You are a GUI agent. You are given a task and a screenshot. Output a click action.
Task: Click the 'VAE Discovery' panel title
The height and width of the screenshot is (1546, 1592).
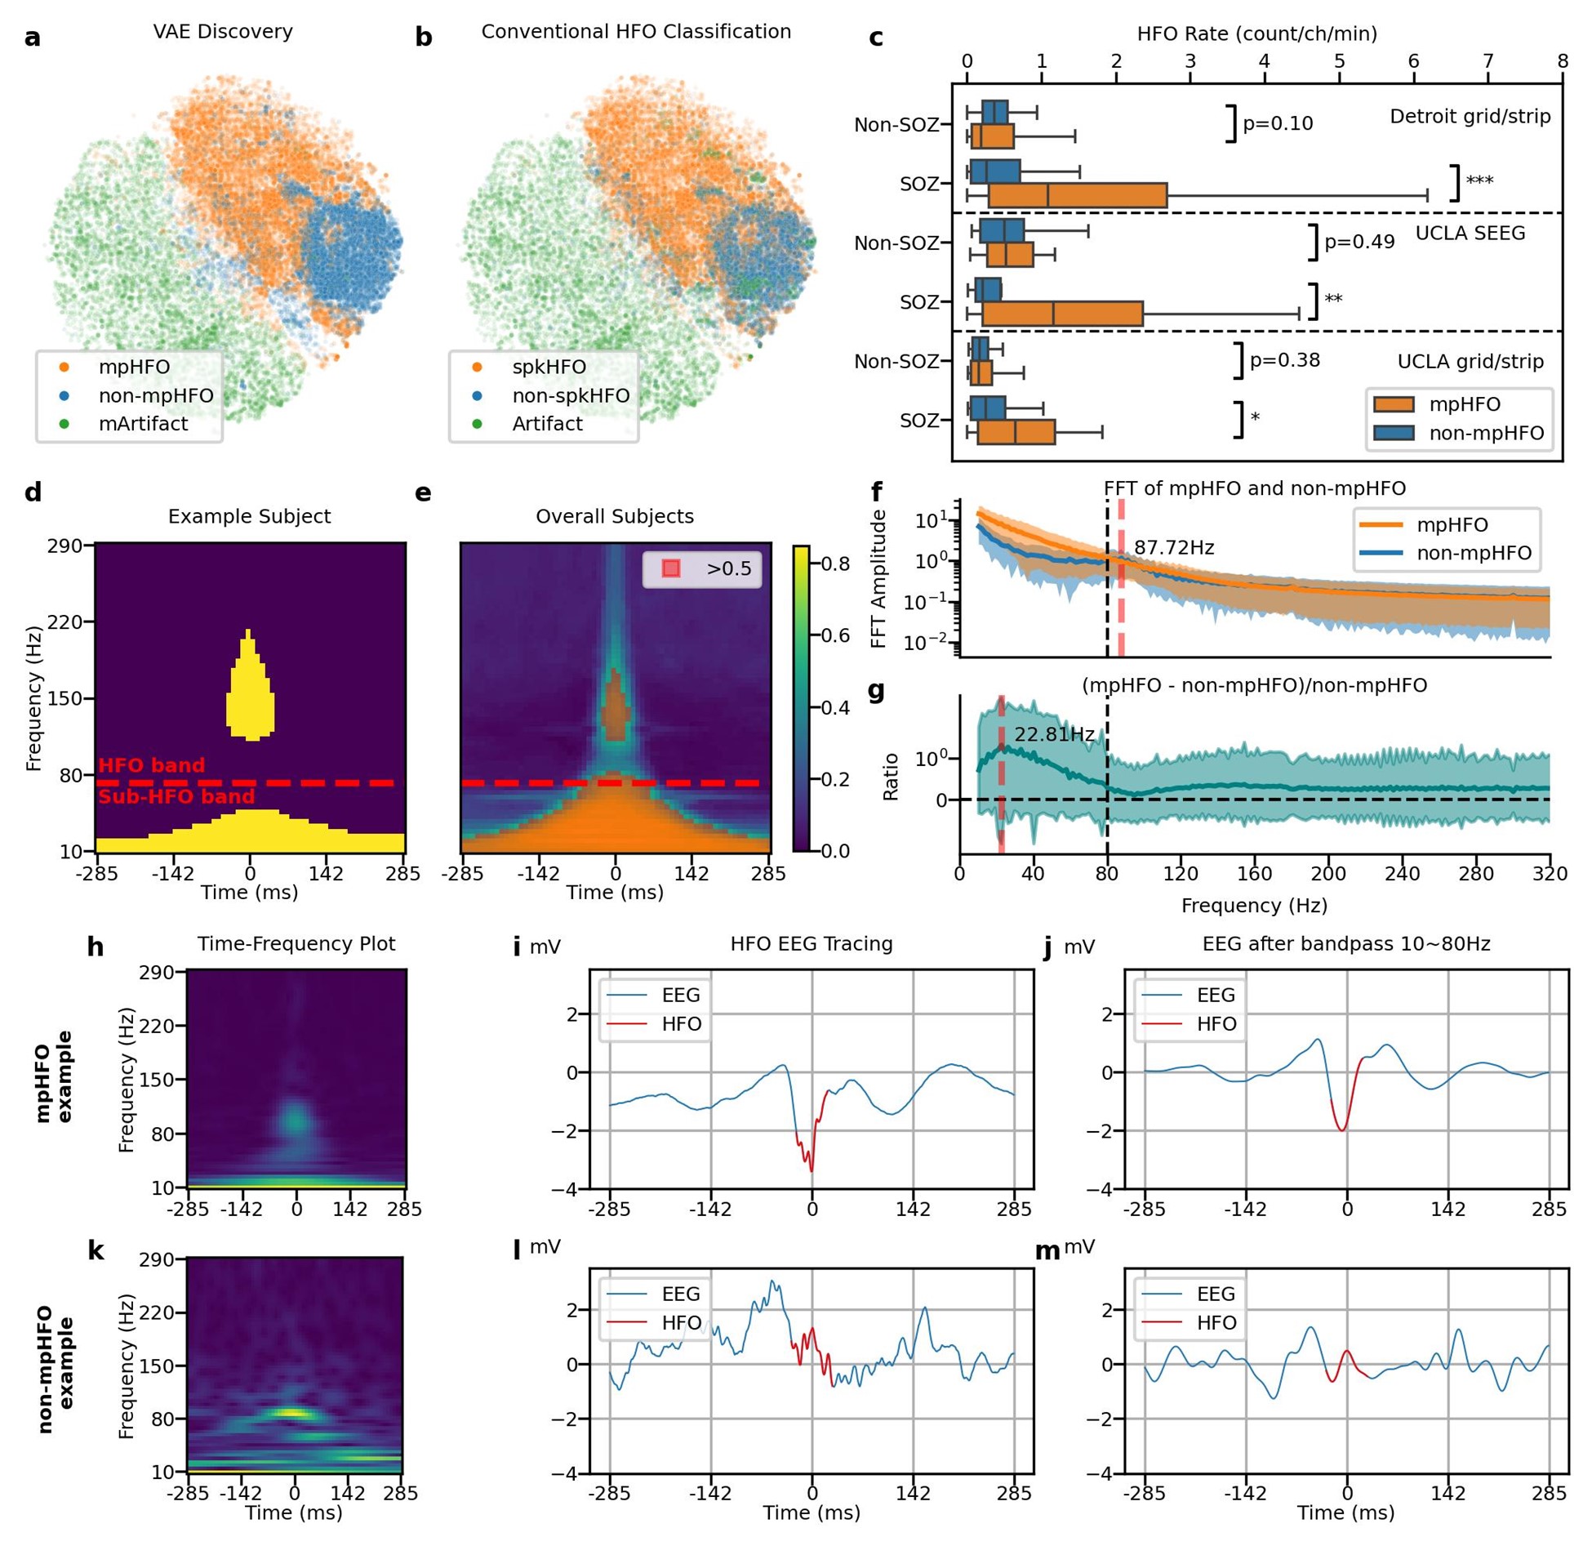[x=223, y=32]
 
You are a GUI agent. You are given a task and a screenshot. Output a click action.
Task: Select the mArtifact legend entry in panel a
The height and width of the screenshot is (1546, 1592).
[x=142, y=424]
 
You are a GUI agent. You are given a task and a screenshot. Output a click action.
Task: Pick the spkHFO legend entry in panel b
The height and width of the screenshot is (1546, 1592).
[x=548, y=367]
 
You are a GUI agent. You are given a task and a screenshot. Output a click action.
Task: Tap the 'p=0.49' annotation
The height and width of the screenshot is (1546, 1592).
[x=1359, y=242]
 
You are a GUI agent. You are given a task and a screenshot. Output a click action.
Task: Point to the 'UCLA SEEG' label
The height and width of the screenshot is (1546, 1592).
[x=1470, y=234]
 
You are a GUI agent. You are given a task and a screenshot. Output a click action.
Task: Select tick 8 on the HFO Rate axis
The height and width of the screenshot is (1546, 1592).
[x=1561, y=62]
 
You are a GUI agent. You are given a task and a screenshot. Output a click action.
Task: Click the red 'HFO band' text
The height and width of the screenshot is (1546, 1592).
[x=152, y=765]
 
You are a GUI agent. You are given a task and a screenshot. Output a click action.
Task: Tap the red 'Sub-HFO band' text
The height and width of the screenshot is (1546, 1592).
[x=176, y=796]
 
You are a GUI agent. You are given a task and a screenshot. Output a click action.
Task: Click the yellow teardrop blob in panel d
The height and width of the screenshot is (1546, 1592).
[x=250, y=694]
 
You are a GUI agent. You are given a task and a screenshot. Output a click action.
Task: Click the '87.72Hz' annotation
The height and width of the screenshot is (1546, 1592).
[x=1173, y=548]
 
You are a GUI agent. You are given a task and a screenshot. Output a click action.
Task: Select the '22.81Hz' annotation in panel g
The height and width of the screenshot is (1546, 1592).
[x=1053, y=734]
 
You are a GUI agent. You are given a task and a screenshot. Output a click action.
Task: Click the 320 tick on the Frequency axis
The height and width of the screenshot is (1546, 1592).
[x=1549, y=874]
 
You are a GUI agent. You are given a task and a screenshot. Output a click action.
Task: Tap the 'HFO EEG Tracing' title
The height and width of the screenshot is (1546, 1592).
[x=811, y=944]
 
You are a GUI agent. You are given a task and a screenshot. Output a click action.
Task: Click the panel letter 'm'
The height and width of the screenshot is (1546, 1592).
[x=1047, y=1251]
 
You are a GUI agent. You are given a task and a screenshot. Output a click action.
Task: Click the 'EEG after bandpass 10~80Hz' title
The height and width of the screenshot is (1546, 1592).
[x=1345, y=944]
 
